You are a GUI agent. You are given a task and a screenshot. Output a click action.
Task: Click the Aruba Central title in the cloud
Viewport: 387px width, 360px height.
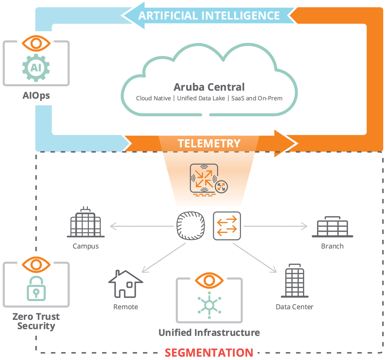coord(209,87)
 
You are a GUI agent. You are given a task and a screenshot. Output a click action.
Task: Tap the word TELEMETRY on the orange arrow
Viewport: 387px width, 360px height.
coord(209,143)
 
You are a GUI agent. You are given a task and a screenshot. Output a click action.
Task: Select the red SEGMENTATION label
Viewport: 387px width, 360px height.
coord(209,352)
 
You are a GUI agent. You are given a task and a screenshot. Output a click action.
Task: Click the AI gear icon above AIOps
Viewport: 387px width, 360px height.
coord(36,68)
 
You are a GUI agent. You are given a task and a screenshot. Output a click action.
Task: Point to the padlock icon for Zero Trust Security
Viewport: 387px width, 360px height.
coord(36,289)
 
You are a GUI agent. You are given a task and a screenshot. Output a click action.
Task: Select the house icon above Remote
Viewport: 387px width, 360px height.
coord(125,284)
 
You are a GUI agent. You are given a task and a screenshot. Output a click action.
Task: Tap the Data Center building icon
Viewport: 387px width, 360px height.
coord(295,281)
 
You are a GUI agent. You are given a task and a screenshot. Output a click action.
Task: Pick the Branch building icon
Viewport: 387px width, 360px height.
coord(333,227)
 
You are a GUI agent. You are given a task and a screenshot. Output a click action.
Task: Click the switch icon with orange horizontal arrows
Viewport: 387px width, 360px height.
coord(227,226)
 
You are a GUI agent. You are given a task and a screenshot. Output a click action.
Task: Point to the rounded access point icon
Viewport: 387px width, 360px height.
coord(190,225)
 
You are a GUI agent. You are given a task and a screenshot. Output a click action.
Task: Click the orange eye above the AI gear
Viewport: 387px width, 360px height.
coord(36,43)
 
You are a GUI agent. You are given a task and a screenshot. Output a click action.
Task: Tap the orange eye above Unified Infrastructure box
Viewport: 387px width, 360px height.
coord(209,281)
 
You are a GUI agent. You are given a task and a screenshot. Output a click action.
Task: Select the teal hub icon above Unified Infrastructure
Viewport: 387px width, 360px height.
coord(209,305)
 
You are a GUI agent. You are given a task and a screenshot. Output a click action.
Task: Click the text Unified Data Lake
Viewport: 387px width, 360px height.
coord(201,98)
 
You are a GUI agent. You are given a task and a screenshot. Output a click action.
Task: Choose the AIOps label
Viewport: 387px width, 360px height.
coord(36,96)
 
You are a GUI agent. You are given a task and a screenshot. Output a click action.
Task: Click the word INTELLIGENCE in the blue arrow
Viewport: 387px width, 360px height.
coord(241,16)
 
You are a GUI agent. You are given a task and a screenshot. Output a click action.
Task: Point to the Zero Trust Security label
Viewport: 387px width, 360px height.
coord(36,321)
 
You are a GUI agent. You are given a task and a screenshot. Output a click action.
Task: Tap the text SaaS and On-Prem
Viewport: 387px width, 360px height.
coord(257,98)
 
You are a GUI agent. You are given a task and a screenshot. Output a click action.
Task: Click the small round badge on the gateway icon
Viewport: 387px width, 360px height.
coord(221,187)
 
